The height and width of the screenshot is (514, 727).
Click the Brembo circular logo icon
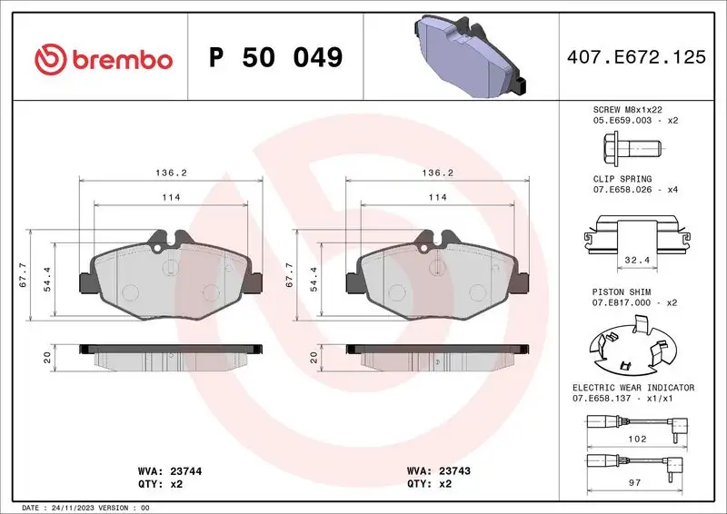(50, 59)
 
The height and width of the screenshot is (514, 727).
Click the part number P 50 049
(275, 58)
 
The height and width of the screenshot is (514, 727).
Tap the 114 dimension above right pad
(437, 197)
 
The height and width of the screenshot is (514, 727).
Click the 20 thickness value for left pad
(46, 358)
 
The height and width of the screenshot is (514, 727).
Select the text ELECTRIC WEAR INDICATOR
(632, 388)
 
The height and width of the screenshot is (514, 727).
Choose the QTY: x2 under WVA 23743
(431, 484)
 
